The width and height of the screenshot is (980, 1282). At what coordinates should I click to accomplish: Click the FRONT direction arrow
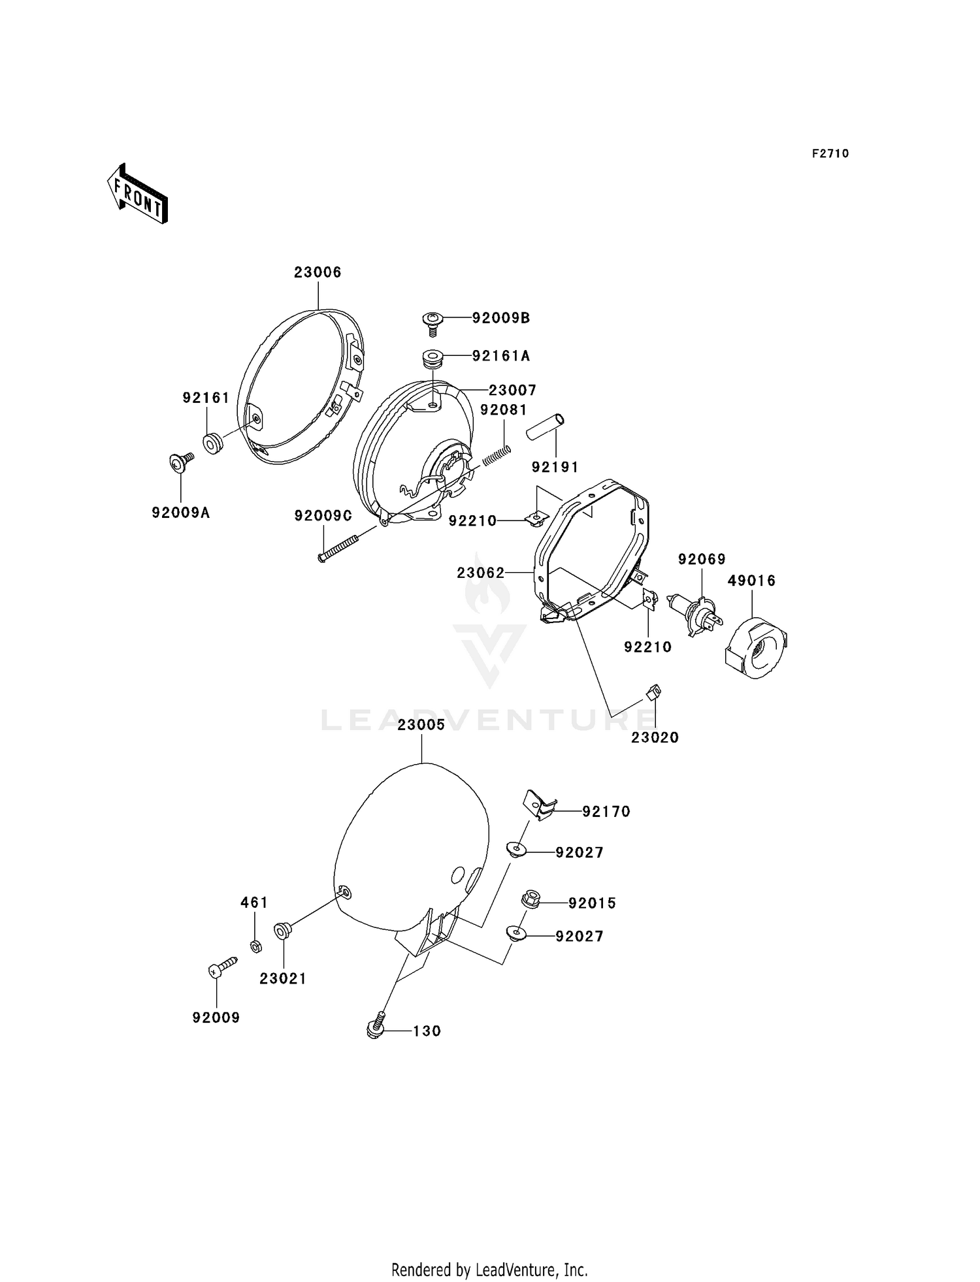click(x=137, y=194)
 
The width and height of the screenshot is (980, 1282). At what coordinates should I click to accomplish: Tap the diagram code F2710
click(x=830, y=153)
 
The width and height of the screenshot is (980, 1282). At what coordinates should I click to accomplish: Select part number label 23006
click(x=318, y=272)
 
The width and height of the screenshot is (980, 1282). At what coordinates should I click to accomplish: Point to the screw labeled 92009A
click(x=180, y=462)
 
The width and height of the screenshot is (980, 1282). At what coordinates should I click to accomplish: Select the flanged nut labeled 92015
click(x=531, y=900)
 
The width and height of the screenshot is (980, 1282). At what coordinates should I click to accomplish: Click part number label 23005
click(x=421, y=725)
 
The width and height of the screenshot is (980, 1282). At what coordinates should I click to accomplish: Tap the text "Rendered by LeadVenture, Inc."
click(x=489, y=1270)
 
